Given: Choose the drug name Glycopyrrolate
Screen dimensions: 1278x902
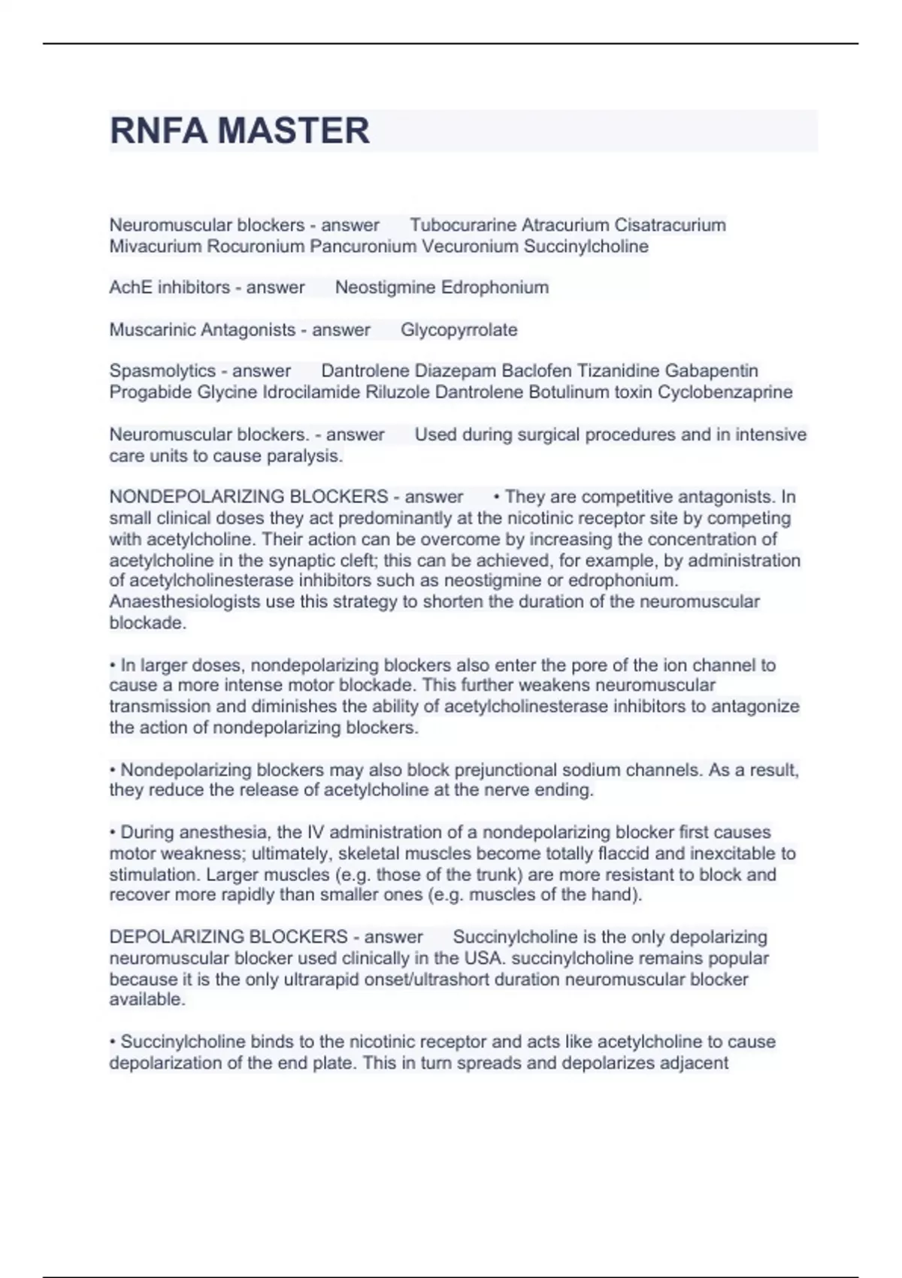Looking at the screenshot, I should (x=459, y=329).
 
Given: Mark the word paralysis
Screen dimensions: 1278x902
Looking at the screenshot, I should (x=306, y=456).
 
